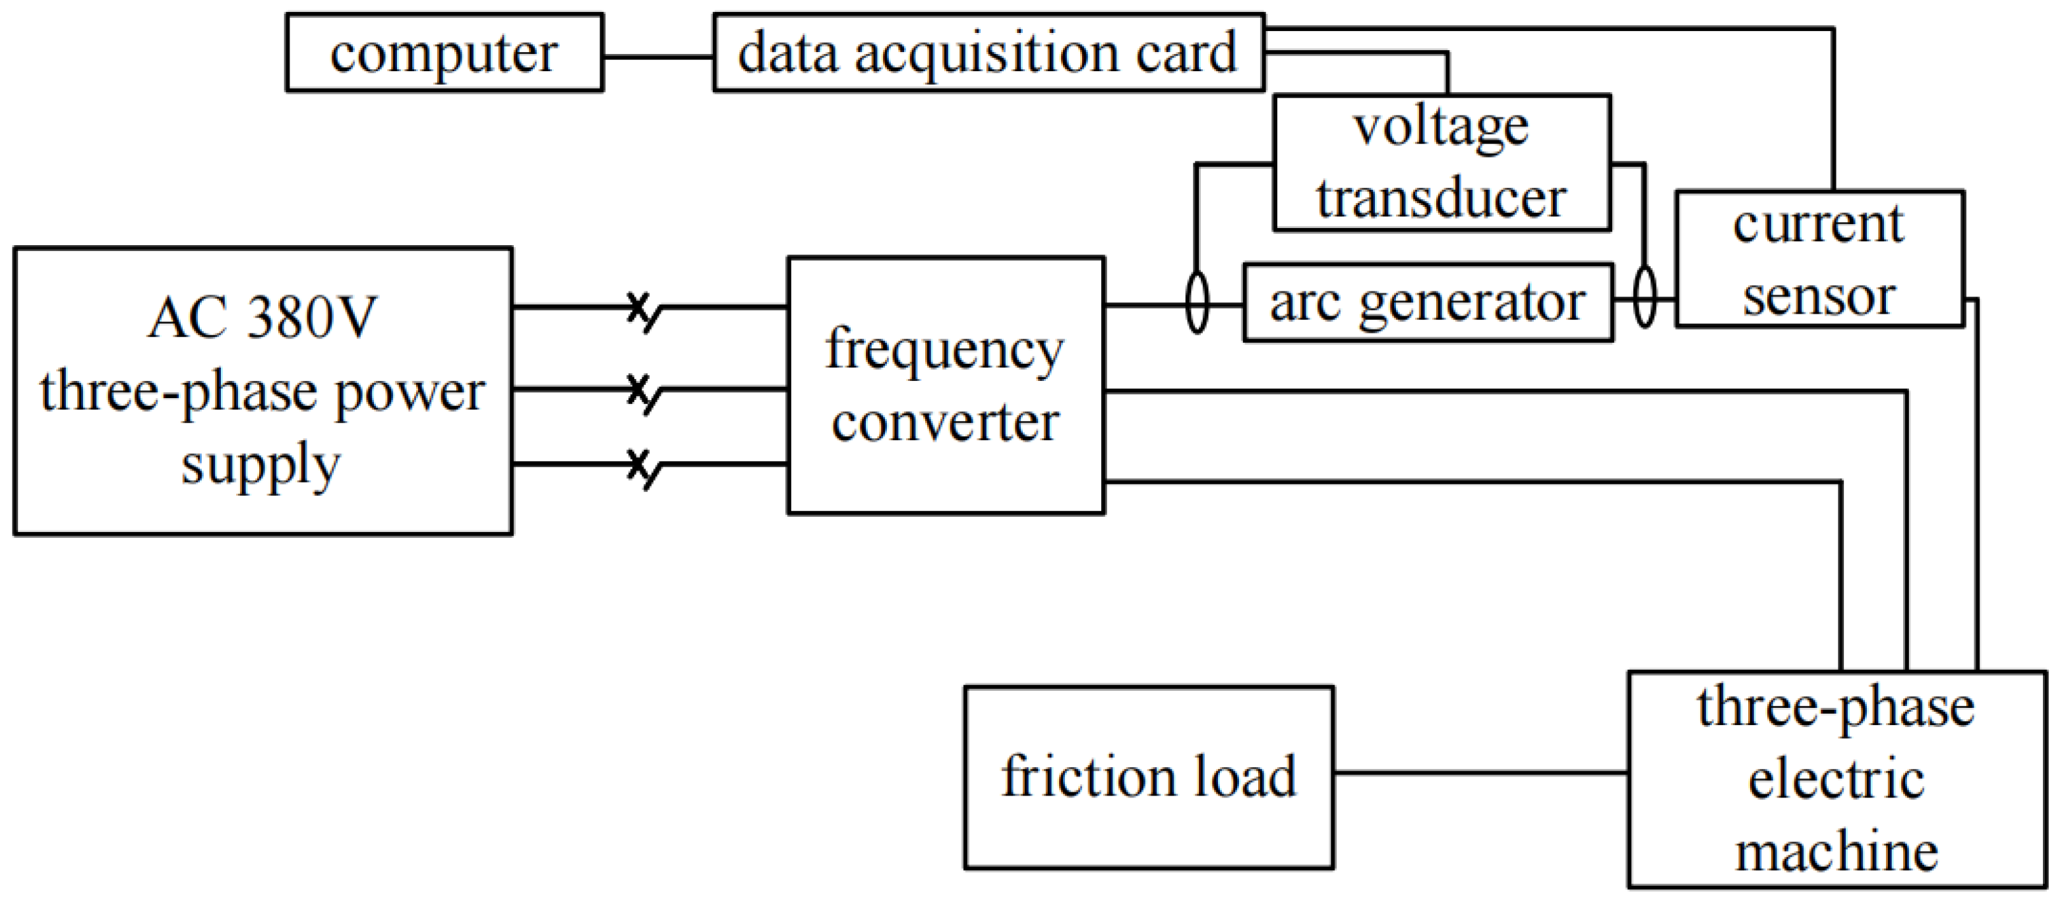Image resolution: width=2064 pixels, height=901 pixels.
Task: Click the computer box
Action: (444, 53)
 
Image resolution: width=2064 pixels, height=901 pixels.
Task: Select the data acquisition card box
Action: (988, 53)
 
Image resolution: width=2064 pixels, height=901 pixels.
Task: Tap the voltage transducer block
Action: (1442, 163)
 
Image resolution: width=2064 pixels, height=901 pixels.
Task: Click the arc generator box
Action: (1427, 303)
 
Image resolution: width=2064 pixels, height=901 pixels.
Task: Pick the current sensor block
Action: (1819, 258)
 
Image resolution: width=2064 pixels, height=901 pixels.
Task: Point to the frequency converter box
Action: (946, 385)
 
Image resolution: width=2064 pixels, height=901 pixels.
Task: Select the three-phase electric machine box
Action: (1836, 778)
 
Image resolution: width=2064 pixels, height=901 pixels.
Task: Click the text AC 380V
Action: (262, 318)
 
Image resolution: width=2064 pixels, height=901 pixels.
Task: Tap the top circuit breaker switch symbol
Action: (644, 310)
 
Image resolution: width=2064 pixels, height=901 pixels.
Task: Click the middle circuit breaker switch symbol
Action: (644, 392)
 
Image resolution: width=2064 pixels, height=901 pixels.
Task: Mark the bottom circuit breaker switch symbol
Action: (644, 468)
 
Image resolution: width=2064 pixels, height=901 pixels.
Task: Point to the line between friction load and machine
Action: (1480, 773)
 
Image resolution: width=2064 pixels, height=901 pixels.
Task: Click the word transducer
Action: (1442, 198)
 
